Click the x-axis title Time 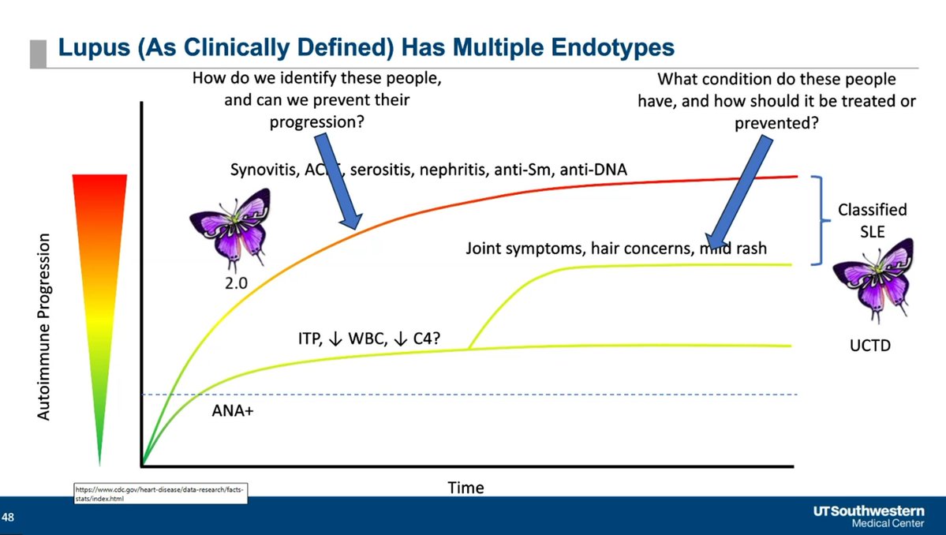pos(466,488)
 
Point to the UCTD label pos(866,346)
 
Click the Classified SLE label pos(872,222)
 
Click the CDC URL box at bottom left pos(161,494)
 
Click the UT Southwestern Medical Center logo pos(869,517)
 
